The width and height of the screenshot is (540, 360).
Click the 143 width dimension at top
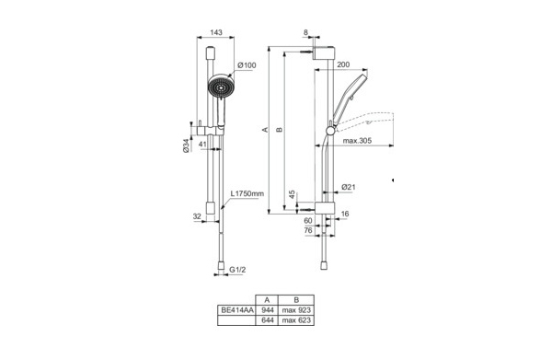pos(216,32)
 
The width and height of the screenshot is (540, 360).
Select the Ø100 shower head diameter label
pos(246,64)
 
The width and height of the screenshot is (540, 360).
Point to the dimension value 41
pos(203,144)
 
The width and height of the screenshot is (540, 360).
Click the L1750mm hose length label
pos(247,194)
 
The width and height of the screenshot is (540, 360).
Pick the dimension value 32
pos(197,217)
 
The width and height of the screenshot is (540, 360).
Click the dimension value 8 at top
pos(306,32)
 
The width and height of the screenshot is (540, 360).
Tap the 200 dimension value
pos(343,65)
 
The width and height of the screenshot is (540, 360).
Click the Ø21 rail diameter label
pos(349,187)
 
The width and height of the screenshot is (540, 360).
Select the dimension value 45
pos(293,194)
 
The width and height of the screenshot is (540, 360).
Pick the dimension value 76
pos(309,231)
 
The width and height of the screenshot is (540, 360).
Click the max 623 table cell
pos(296,322)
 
